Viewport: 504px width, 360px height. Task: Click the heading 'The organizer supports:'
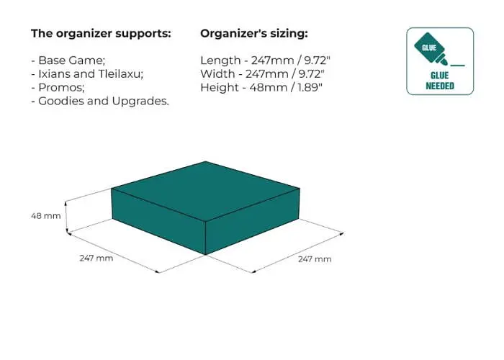[101, 33]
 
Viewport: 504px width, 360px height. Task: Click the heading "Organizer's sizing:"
[254, 33]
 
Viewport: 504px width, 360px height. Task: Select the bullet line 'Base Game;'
[68, 60]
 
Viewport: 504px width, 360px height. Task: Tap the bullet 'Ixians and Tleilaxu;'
[87, 74]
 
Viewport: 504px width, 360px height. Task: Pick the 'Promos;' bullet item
[58, 87]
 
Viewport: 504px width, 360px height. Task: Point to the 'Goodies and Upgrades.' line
[100, 101]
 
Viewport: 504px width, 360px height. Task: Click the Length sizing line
[266, 60]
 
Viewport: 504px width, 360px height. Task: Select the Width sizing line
[262, 74]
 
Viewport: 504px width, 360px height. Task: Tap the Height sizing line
[261, 87]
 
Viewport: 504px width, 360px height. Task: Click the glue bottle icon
[431, 49]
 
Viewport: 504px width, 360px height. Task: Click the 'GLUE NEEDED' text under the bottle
[440, 81]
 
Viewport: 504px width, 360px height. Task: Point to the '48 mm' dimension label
[46, 216]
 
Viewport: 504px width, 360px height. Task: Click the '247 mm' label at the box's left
[96, 258]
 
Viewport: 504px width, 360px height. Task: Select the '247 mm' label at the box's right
[315, 259]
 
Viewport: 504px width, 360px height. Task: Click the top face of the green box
[206, 190]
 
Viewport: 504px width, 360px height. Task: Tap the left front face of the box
[158, 221]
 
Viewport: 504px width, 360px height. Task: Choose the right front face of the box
[253, 221]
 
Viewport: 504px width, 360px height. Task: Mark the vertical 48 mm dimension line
[66, 217]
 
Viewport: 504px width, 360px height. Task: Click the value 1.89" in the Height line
[310, 87]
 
